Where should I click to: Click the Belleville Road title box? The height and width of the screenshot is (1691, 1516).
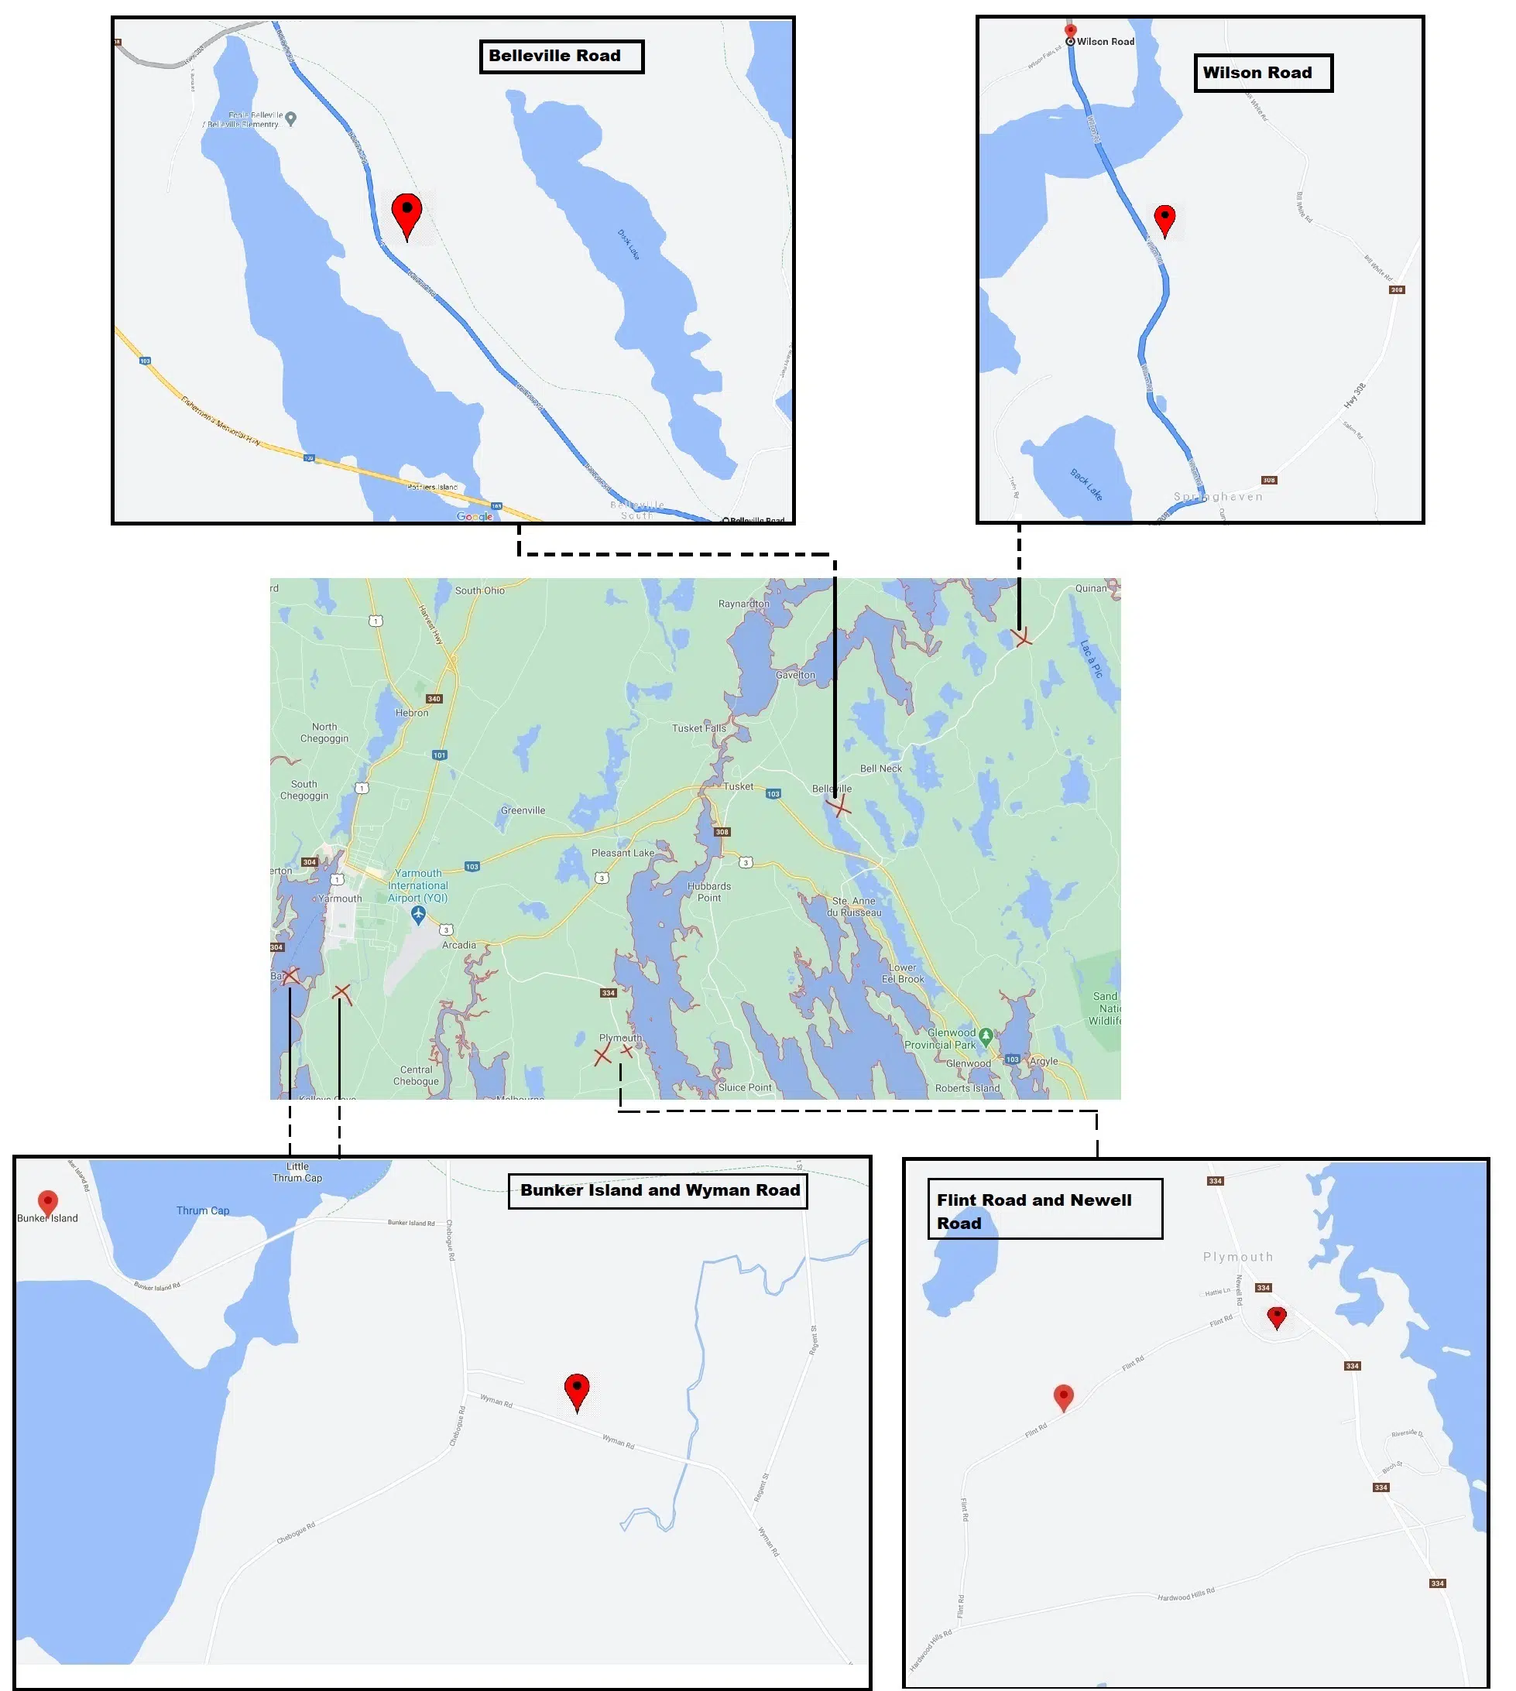tap(561, 56)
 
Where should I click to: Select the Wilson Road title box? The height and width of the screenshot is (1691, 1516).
tap(1262, 74)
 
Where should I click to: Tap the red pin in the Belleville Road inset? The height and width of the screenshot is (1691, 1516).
tap(406, 213)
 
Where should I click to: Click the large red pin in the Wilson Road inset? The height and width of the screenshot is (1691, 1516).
tap(1164, 219)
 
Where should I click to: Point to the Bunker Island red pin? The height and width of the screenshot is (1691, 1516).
tap(48, 1201)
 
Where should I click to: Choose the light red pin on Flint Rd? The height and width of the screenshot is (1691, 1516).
tap(1064, 1395)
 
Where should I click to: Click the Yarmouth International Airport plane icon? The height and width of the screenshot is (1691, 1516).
tap(418, 914)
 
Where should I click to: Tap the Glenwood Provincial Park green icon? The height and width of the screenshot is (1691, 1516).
tap(986, 1035)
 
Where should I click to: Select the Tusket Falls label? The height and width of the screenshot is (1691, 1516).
tap(699, 727)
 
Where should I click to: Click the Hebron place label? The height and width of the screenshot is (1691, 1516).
tap(411, 713)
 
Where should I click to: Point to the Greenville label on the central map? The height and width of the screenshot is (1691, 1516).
tap(523, 810)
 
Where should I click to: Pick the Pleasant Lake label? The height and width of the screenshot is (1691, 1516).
tap(623, 853)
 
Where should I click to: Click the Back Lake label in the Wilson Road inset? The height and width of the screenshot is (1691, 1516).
tap(1086, 484)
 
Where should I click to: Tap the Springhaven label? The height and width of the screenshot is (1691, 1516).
tap(1218, 497)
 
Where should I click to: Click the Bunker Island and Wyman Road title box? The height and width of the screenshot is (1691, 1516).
tap(658, 1190)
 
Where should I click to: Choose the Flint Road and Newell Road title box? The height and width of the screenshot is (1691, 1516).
tap(1044, 1210)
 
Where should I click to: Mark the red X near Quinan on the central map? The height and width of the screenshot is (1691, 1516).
tap(1022, 637)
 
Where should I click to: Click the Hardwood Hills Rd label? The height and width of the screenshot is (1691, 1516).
tap(1186, 1594)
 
